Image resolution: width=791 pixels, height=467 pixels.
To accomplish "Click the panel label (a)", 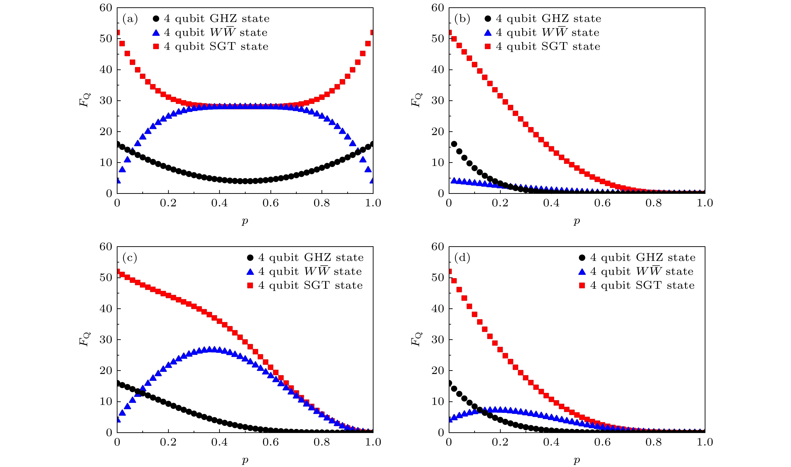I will click(130, 19).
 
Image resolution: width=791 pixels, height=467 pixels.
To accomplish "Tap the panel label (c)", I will click(130, 258).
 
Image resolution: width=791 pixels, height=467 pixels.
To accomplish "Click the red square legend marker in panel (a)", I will click(156, 47).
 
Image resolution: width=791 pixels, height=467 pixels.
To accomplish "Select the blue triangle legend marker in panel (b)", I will click(488, 33).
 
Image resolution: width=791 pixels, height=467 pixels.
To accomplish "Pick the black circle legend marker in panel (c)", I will click(250, 258).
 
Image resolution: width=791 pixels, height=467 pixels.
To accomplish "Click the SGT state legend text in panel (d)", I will click(642, 285).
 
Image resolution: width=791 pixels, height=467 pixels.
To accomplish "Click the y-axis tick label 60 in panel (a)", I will click(106, 8).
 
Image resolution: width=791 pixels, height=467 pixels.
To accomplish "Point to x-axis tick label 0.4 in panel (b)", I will click(551, 203).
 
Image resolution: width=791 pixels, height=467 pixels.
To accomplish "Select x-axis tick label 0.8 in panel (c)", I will click(322, 442).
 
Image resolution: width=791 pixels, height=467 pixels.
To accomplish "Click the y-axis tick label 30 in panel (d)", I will click(438, 340).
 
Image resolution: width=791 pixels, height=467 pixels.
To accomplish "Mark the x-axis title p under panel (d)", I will click(577, 460).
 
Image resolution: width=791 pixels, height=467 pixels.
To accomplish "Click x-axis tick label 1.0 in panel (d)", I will click(705, 442).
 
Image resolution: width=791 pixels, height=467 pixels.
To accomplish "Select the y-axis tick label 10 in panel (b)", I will click(438, 163).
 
